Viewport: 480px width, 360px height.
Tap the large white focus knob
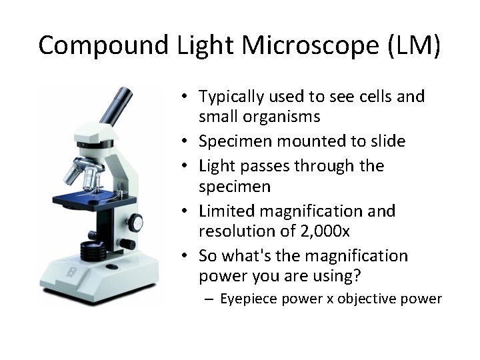click(x=135, y=222)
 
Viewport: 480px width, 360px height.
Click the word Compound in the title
click(x=103, y=45)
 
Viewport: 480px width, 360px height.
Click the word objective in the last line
click(x=366, y=299)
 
